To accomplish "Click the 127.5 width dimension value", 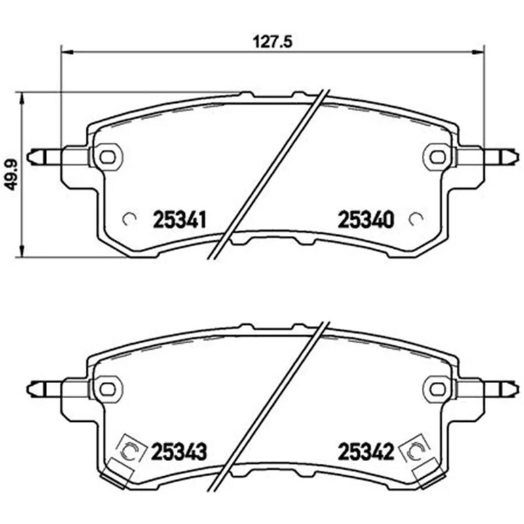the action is (x=272, y=43).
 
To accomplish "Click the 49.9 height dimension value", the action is (x=11, y=175).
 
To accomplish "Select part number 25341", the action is (x=179, y=219).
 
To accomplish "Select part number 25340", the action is (x=366, y=219).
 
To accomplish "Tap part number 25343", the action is (x=179, y=452).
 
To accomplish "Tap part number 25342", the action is (x=366, y=452).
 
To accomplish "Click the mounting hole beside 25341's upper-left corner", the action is (x=107, y=157).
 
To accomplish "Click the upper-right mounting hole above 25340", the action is (x=438, y=157).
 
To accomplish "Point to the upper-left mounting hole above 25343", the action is (x=107, y=388).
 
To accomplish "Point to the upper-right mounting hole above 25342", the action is (x=438, y=388).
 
